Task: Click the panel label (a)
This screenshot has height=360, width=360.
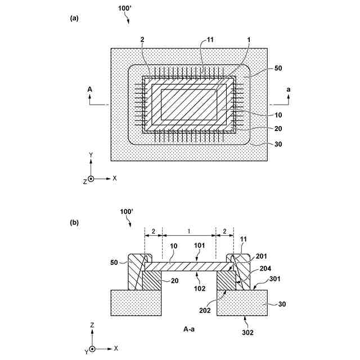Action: pyautogui.click(x=74, y=18)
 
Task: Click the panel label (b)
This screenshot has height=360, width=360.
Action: pyautogui.click(x=74, y=222)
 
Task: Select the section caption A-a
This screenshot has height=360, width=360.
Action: pyautogui.click(x=190, y=327)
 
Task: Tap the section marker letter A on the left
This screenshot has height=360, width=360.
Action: pyautogui.click(x=91, y=89)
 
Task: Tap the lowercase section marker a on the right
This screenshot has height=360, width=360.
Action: pyautogui.click(x=289, y=89)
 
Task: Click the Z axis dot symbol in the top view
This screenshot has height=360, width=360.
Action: pyautogui.click(x=91, y=178)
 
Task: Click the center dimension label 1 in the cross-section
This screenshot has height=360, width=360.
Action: pyautogui.click(x=189, y=231)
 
